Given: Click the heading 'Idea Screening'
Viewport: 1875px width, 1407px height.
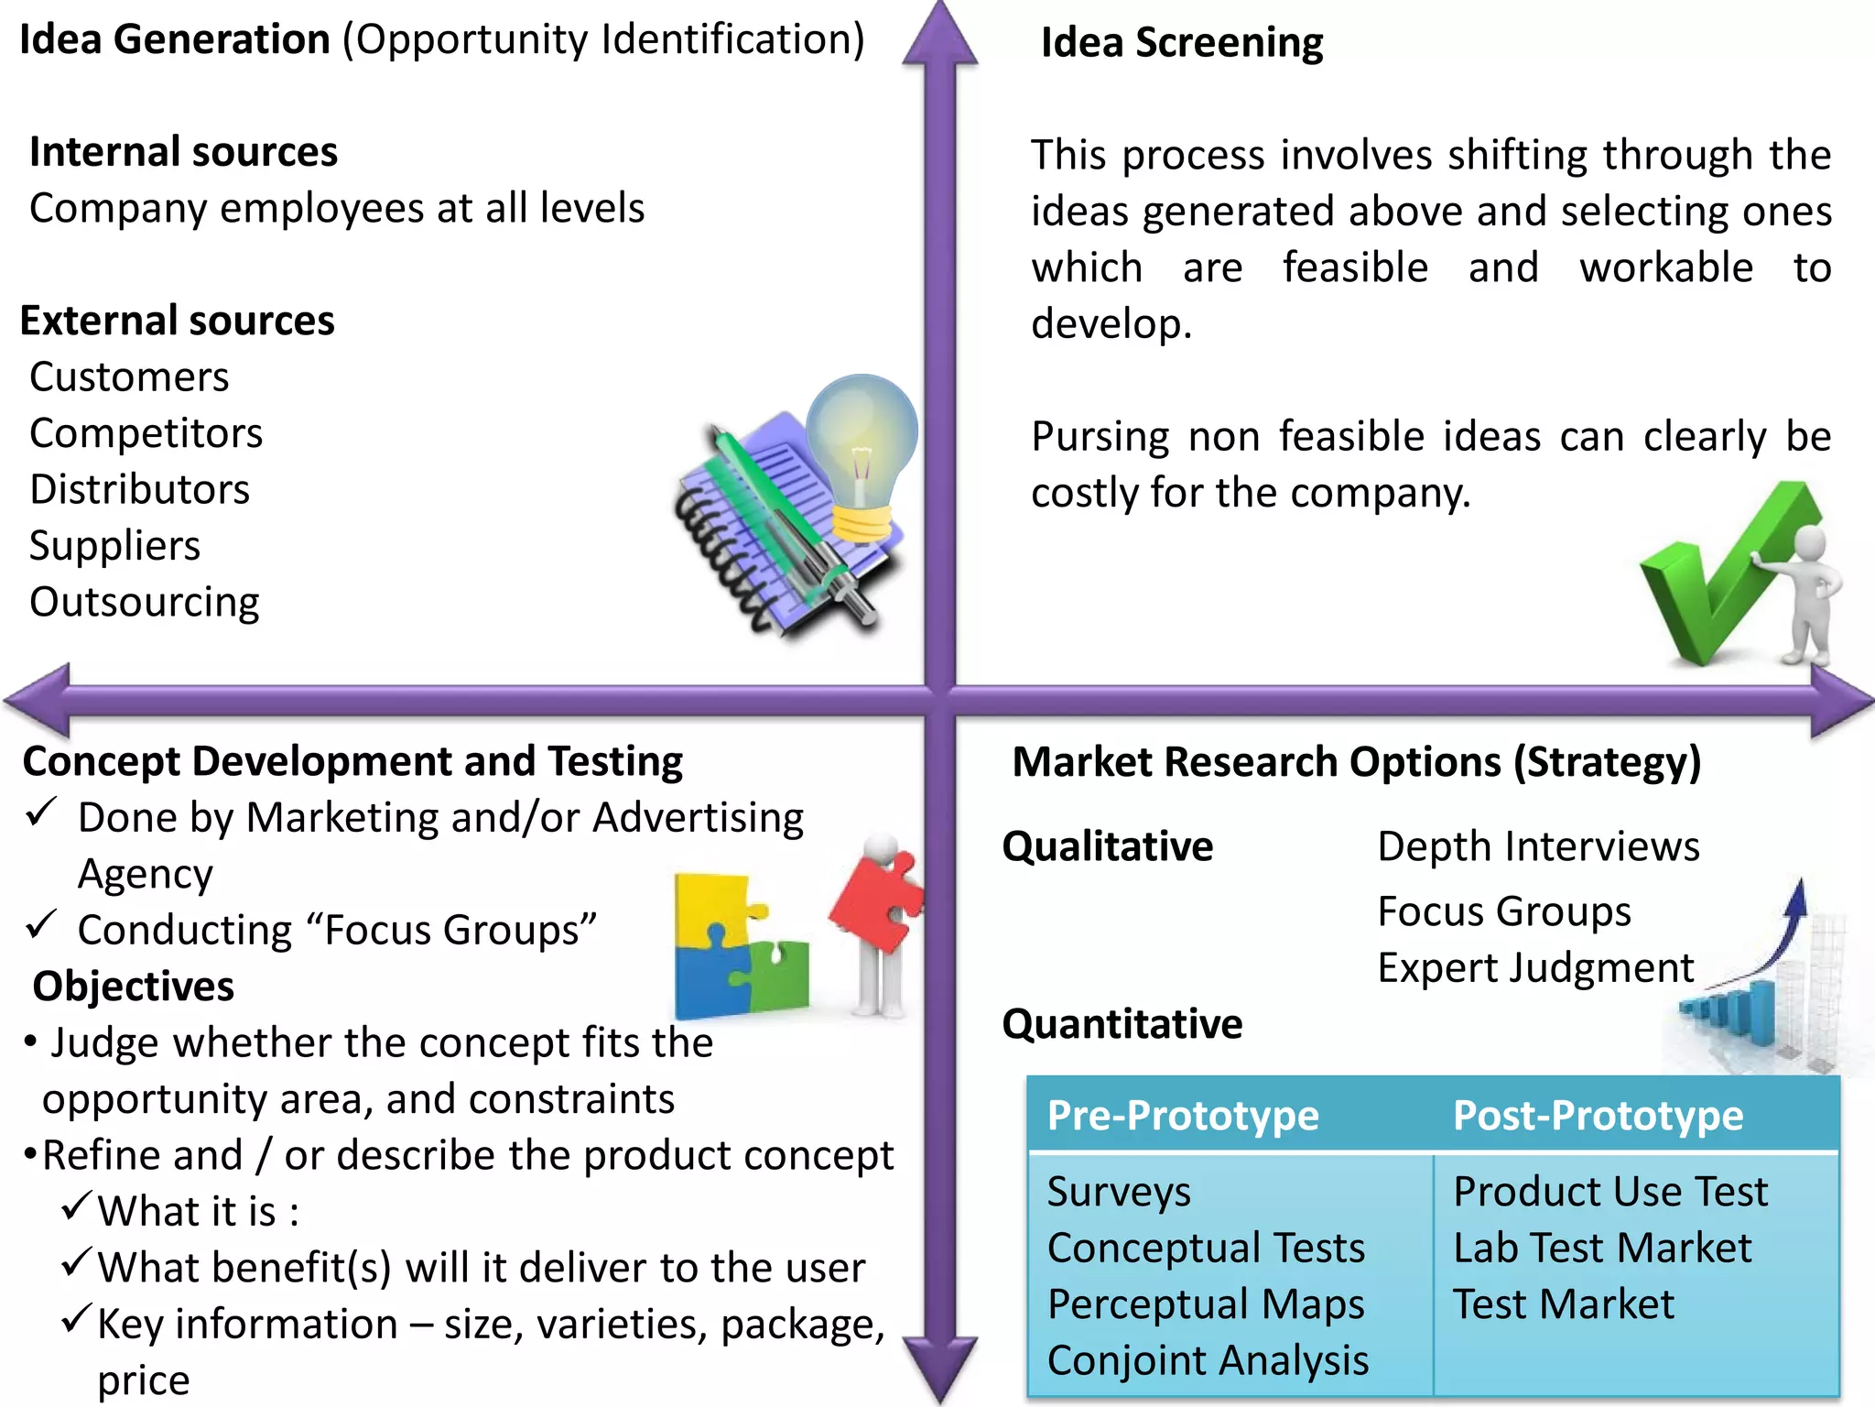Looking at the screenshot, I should [x=1181, y=43].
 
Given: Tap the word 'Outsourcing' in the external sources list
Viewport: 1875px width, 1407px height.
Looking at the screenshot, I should [x=144, y=602].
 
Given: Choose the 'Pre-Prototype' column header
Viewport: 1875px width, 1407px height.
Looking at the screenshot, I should [x=1182, y=1116].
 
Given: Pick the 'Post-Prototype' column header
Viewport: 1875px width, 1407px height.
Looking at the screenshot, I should [x=1598, y=1116].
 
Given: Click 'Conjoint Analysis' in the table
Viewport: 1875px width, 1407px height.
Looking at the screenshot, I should [x=1207, y=1360].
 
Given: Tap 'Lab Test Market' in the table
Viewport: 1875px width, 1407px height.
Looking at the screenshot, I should [x=1602, y=1248].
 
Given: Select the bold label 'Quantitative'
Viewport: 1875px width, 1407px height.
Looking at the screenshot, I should [x=1122, y=1024].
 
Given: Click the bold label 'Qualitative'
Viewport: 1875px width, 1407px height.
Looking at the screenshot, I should [x=1107, y=846].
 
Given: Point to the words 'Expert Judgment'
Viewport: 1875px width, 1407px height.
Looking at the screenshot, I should [x=1535, y=968].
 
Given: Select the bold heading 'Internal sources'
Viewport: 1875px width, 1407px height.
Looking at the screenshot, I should [x=183, y=152].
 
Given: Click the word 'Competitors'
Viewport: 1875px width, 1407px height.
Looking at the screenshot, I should [x=146, y=433].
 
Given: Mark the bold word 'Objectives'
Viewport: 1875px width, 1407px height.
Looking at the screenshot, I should [x=133, y=987].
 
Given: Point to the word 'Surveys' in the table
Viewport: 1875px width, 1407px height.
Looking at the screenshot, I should [x=1118, y=1192].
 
